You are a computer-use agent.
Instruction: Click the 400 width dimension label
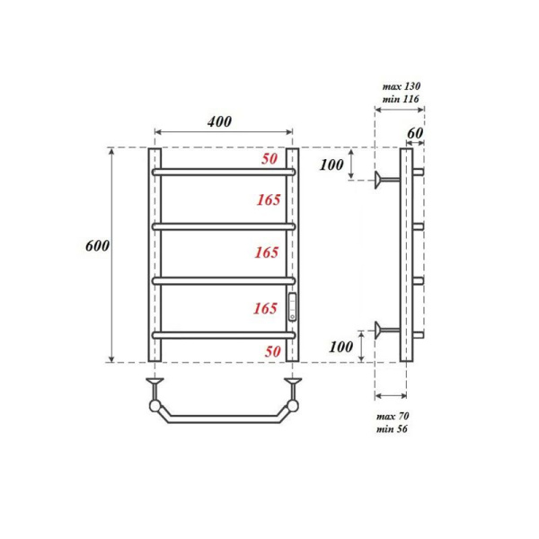pos(221,122)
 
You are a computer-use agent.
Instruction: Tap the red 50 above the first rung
pos(269,159)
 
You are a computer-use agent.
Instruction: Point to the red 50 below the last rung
pos(272,351)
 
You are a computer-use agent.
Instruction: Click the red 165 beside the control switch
pos(265,308)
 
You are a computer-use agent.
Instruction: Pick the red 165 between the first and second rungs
pos(268,198)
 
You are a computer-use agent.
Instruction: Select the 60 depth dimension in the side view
pos(414,134)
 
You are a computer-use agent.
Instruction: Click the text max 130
pos(402,86)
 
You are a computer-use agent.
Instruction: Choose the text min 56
pos(393,429)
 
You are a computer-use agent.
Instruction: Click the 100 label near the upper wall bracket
pos(331,165)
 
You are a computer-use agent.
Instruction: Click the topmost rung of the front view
pos(223,171)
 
